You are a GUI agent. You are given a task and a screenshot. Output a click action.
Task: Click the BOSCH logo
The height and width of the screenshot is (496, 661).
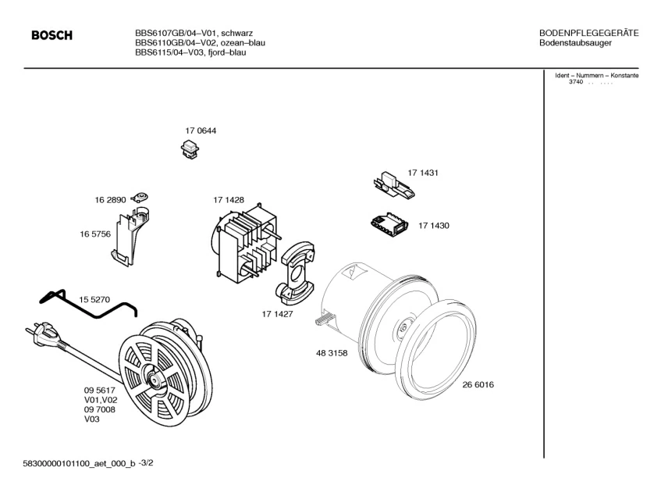click(x=52, y=36)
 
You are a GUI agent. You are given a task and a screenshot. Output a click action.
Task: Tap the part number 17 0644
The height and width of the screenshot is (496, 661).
click(x=201, y=131)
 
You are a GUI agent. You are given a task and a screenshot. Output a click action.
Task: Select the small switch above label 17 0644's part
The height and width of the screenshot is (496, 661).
click(x=190, y=148)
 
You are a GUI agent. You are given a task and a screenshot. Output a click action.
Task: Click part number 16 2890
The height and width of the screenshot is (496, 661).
click(x=111, y=201)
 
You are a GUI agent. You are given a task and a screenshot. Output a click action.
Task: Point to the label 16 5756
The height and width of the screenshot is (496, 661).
click(x=94, y=234)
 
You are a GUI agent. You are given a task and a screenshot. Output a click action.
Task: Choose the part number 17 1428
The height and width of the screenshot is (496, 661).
click(x=229, y=201)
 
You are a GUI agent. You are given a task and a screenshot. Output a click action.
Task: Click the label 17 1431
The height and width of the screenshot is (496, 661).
click(x=423, y=173)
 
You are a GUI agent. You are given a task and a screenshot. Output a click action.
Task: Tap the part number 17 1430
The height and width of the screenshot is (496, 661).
click(x=433, y=226)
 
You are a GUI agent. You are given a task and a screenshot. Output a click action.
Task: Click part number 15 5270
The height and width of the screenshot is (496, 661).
click(x=94, y=299)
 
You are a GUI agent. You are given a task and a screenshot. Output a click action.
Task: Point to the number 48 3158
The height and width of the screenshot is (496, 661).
click(x=332, y=353)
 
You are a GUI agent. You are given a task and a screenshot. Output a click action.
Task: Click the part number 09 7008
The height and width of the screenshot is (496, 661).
click(x=99, y=409)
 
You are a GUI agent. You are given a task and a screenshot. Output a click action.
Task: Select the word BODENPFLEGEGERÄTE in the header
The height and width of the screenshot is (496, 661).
click(x=589, y=33)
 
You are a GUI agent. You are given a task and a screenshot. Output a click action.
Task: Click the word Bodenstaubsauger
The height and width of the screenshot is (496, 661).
click(x=575, y=43)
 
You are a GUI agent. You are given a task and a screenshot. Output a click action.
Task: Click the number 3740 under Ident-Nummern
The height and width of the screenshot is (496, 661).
click(x=576, y=82)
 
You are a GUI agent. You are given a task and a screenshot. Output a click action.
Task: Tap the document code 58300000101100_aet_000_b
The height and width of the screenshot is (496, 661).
click(x=79, y=463)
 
